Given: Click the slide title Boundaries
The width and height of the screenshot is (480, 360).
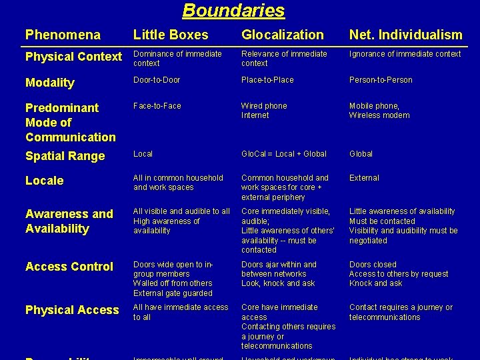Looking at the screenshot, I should click(233, 11).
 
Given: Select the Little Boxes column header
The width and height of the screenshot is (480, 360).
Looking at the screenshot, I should click(171, 35).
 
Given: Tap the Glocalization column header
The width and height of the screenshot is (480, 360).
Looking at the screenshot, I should click(282, 35).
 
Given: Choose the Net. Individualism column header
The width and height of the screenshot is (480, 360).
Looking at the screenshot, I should click(405, 35).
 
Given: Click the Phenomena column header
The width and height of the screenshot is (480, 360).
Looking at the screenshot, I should click(63, 35).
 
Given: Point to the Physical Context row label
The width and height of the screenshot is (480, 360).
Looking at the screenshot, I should click(73, 57).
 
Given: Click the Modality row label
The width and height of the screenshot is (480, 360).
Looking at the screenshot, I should click(49, 83).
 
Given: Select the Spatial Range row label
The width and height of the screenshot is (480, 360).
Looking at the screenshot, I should click(65, 156).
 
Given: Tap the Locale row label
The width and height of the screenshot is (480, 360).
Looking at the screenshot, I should click(44, 181).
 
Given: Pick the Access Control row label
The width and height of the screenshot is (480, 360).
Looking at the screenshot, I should click(69, 267).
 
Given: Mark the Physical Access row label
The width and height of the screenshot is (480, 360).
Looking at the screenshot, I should click(72, 310).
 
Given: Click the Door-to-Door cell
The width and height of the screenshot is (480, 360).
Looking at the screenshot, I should click(157, 80).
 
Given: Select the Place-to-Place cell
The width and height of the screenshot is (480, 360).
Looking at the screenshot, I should click(267, 80).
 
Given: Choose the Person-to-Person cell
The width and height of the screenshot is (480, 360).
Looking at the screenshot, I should click(381, 80).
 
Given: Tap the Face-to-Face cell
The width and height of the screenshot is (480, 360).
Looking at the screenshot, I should click(157, 106).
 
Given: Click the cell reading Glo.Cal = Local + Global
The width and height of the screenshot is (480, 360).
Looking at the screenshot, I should click(284, 154).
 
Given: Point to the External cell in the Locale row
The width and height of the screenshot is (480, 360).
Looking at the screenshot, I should click(364, 178).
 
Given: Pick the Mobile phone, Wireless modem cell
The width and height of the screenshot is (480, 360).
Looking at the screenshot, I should click(379, 111).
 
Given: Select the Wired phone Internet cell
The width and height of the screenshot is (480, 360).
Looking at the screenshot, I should click(264, 111).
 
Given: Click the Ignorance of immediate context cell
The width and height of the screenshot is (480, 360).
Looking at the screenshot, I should click(405, 54).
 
